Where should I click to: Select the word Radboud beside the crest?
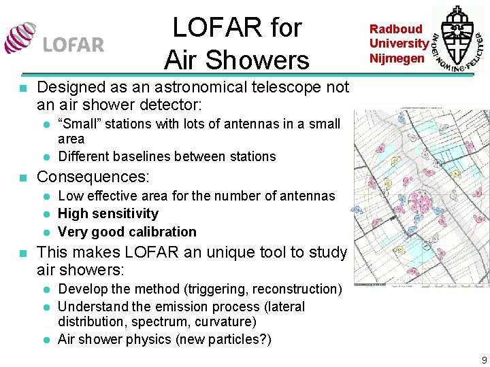tap(396, 29)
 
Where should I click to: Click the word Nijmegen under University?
tap(397, 58)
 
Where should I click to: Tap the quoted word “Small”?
tap(77, 124)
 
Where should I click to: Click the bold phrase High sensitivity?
tap(108, 213)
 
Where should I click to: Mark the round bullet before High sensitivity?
tap(47, 214)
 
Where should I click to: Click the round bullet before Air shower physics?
tap(47, 339)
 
